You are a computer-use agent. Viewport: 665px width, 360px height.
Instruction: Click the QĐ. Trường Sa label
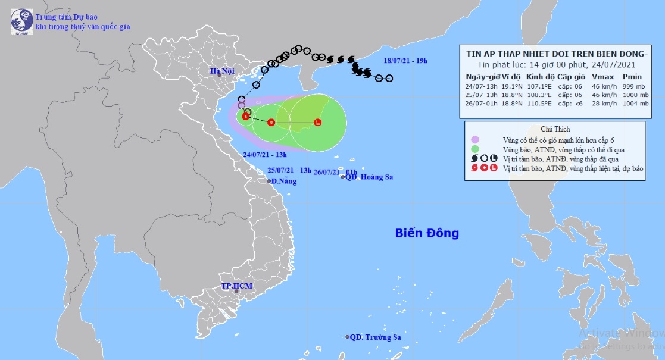pos(375,337)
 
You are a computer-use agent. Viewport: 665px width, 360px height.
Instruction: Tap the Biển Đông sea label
pos(427,233)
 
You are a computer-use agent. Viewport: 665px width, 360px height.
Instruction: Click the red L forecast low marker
pos(317,123)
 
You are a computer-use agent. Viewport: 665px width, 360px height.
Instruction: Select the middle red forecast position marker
pos(271,123)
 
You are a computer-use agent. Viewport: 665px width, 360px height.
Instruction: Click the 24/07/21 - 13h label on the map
pos(263,154)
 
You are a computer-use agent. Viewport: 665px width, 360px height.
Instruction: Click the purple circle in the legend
pos(475,139)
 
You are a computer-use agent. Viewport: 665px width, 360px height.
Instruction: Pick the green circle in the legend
pos(475,149)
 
